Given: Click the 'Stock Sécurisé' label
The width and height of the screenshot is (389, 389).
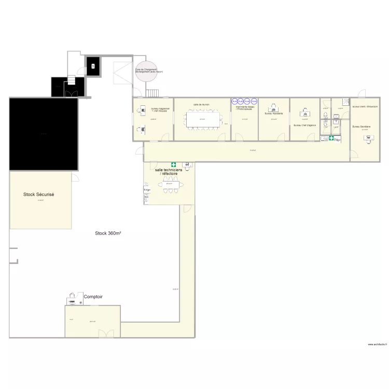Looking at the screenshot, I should tap(39, 195).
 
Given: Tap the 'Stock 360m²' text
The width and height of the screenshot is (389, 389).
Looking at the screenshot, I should tap(108, 233).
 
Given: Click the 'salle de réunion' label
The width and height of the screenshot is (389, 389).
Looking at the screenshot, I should tap(201, 104).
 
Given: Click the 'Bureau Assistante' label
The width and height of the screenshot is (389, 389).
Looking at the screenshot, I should tap(273, 113).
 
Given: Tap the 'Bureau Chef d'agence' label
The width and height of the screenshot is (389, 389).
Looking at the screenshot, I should tap(304, 125).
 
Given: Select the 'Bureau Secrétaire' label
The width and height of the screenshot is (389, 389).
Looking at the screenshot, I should tap(361, 127).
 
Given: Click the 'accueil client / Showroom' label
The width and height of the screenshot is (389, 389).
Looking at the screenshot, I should tap(365, 107).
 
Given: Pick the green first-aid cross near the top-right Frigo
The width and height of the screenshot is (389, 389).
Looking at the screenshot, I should tap(331, 138).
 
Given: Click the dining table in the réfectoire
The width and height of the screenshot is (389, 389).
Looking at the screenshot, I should tap(170, 185).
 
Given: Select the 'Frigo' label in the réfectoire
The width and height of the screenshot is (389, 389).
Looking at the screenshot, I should tap(147, 190).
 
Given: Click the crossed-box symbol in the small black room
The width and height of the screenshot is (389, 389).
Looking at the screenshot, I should tap(93, 66).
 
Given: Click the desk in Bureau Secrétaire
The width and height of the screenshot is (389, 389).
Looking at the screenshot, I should tap(369, 138).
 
